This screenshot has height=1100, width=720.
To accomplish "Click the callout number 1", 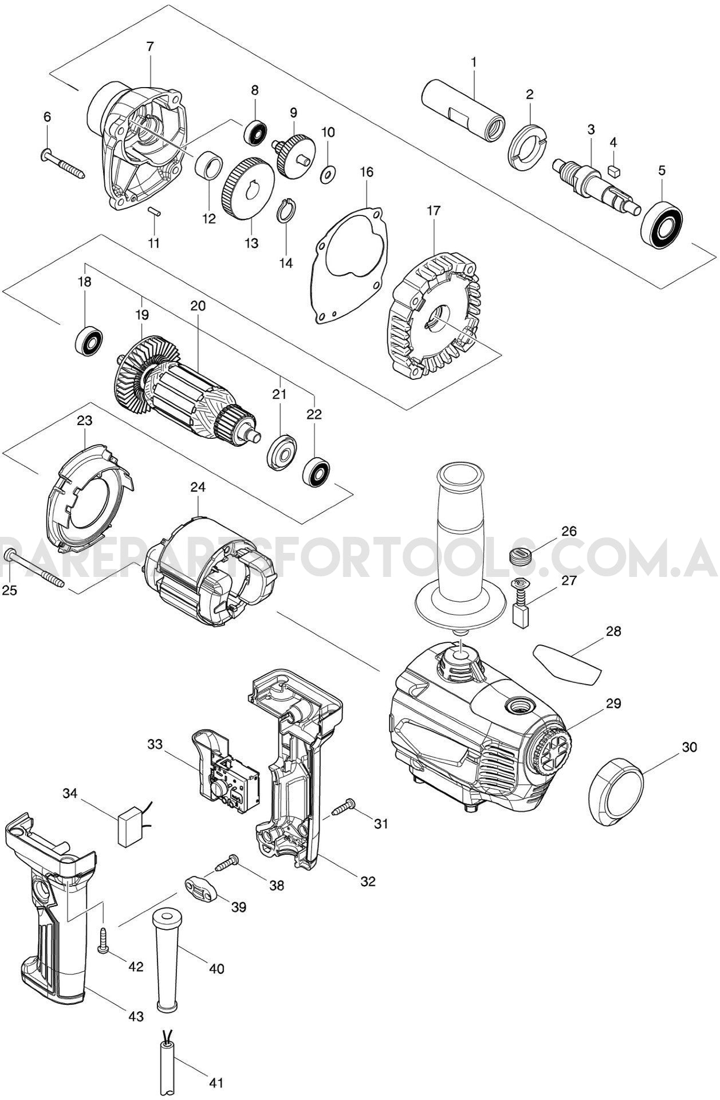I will point(474,61).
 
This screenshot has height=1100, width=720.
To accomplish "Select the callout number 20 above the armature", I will point(197,305).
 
